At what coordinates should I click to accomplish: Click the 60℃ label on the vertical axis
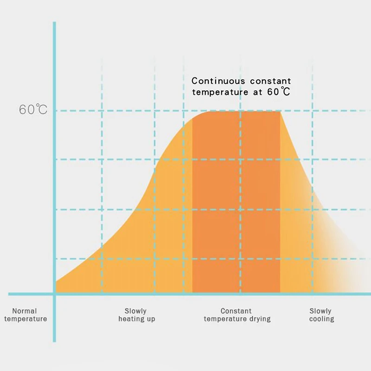tap(33, 110)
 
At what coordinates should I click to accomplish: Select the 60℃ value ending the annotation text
tap(279, 92)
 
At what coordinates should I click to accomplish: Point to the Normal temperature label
tap(26, 315)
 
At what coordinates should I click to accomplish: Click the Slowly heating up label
tap(136, 315)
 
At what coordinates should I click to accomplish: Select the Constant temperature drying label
tap(237, 315)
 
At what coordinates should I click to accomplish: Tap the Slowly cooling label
tap(321, 315)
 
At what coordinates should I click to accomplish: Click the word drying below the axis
tap(259, 319)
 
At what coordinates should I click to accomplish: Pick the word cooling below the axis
tap(321, 319)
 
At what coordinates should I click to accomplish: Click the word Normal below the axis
tap(25, 311)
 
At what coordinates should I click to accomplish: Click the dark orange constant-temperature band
tap(236, 204)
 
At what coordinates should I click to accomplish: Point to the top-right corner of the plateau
tap(280, 111)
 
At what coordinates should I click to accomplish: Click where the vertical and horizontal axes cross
tap(54, 294)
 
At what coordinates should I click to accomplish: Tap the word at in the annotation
tap(257, 92)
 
